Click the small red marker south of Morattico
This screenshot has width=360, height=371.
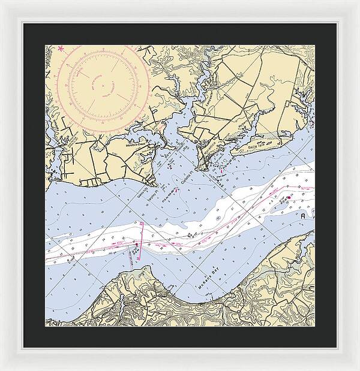click(x=221, y=174)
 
